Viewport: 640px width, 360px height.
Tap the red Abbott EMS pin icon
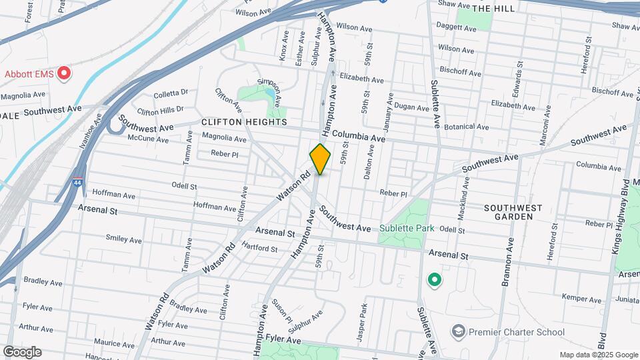point(64,73)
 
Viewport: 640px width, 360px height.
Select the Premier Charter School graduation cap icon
point(458,331)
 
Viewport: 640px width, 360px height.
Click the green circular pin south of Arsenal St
point(435,280)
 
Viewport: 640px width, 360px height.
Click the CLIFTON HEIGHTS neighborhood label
point(244,123)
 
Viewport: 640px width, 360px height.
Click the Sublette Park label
point(407,228)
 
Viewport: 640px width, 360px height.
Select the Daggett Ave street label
point(456,28)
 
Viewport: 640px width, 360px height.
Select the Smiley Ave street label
point(123,239)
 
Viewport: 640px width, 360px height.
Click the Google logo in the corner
point(22,351)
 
